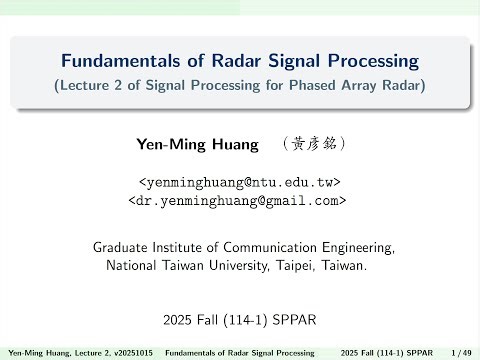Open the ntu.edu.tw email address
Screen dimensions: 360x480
click(x=239, y=183)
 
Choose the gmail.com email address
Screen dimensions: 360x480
click(x=239, y=200)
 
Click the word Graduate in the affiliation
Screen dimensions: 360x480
click(x=120, y=246)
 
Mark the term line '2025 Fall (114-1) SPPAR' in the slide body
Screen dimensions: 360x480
click(x=239, y=321)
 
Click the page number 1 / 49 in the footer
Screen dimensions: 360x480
click(x=461, y=353)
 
